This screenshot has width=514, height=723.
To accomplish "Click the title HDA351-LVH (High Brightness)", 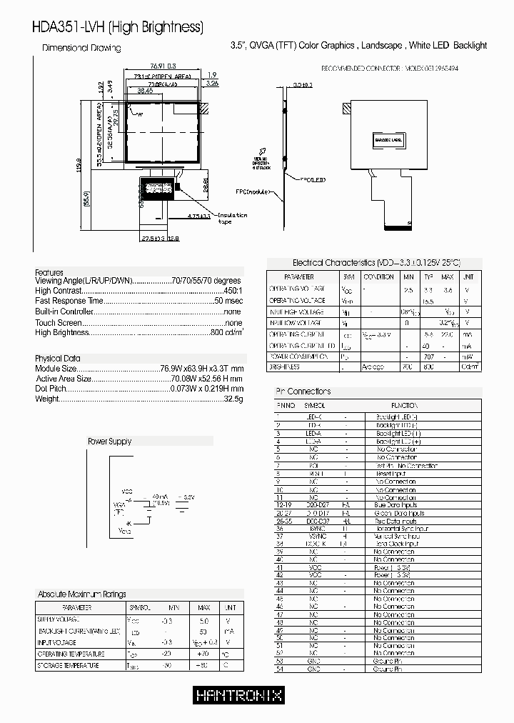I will click(x=118, y=28).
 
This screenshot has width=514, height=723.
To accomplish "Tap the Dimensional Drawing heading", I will click(x=81, y=48).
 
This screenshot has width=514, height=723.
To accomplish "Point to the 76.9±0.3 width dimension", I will click(x=162, y=65).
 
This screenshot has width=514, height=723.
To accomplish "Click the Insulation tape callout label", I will click(x=231, y=218).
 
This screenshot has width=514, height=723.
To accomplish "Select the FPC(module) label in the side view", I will click(x=253, y=192).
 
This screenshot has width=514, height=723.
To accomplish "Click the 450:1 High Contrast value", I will click(x=233, y=291).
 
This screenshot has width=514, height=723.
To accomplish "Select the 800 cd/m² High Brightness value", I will click(x=226, y=332).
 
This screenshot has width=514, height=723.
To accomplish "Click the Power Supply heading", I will click(x=109, y=442).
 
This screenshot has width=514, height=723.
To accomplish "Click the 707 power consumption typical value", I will click(x=428, y=355).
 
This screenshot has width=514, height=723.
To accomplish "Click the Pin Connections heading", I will click(x=303, y=392).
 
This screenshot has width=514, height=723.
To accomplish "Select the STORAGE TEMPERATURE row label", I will click(x=69, y=666).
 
